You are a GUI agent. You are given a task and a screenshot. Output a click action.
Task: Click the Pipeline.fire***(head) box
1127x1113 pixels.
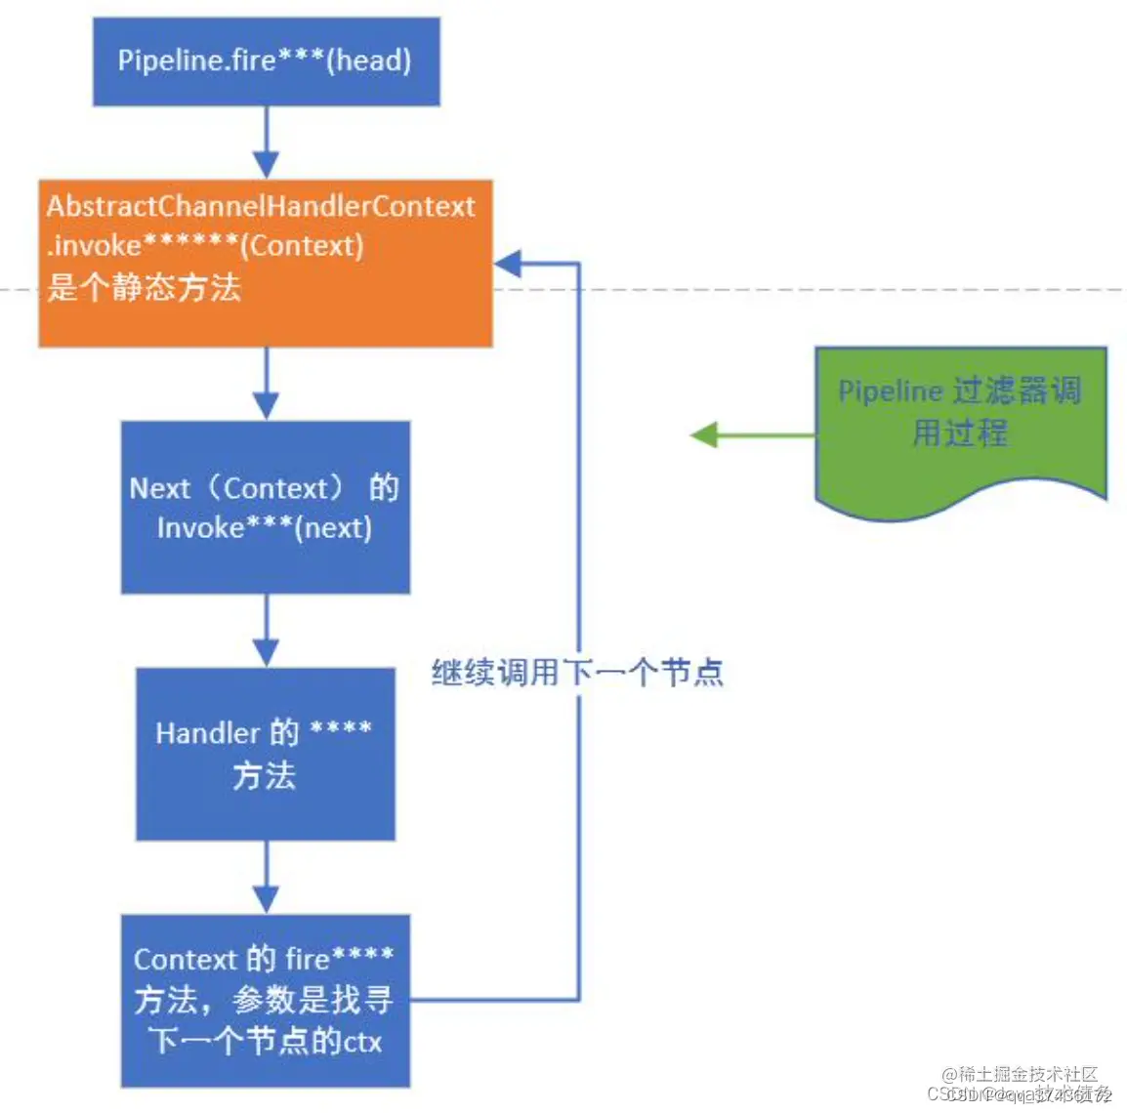click(x=266, y=61)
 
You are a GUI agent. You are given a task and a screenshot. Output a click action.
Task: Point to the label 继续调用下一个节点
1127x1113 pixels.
click(x=577, y=672)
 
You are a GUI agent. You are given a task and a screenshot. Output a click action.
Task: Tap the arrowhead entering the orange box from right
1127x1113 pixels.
click(x=508, y=263)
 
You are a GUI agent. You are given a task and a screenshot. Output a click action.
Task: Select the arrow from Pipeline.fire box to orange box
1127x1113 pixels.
click(x=266, y=143)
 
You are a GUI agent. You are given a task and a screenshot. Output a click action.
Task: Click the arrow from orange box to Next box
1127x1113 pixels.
click(x=266, y=384)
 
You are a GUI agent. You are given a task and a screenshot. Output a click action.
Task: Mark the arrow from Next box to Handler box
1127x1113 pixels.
click(x=266, y=631)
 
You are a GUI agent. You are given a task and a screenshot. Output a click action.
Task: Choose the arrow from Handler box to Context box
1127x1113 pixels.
click(x=266, y=878)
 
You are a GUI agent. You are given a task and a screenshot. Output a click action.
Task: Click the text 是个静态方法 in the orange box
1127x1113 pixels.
click(x=144, y=287)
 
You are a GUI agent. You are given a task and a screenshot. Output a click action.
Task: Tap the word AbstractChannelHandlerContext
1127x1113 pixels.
click(x=261, y=206)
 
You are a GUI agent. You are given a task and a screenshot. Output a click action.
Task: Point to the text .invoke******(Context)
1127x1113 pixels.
click(x=205, y=245)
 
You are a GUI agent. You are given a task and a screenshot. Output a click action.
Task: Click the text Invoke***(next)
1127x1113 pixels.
click(x=265, y=527)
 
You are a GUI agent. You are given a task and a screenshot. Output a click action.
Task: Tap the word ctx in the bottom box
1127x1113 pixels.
click(x=362, y=1042)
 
